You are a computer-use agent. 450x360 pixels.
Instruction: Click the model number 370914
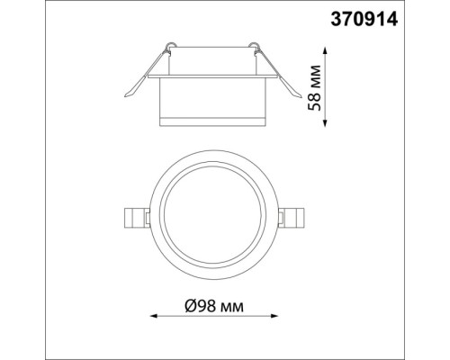point(364,20)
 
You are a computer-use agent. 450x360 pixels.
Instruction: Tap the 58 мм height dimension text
point(315,87)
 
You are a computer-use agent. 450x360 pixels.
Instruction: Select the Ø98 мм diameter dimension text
point(214,306)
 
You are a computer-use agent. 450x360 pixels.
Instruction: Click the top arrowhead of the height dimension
point(326,50)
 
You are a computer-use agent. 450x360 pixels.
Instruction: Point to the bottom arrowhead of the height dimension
point(326,123)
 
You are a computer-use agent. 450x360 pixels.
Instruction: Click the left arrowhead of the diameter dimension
point(154,316)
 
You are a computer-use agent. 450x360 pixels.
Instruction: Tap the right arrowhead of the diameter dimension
point(274,316)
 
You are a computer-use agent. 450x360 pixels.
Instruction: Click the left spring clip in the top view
point(137,218)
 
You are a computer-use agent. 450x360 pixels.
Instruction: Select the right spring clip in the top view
point(292,218)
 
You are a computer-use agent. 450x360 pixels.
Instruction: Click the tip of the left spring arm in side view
point(125,96)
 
